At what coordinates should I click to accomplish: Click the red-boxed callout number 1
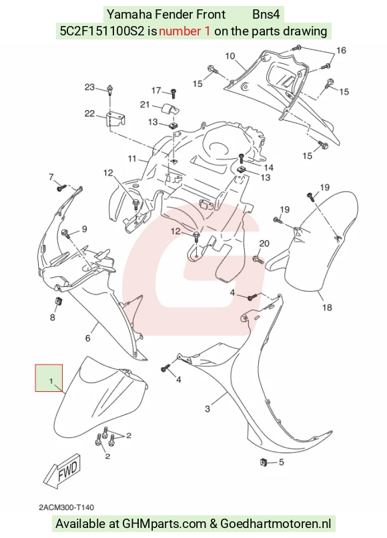pos(51,381)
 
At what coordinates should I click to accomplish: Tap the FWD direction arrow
pos(63,471)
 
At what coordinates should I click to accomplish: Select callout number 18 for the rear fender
pos(327,307)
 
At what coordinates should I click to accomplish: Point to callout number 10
pos(230,56)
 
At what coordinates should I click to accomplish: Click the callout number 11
pos(132,159)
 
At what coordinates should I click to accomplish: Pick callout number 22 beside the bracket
pos(89,113)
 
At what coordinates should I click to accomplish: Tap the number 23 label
pos(89,87)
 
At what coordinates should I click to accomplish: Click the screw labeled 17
pos(173,93)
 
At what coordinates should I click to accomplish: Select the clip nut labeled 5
pos(264,462)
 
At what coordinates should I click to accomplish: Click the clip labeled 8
pos(58,301)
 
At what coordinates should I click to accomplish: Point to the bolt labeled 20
pos(258,260)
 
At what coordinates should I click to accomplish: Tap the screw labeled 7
pos(62,188)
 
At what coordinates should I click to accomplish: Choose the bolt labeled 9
pos(66,234)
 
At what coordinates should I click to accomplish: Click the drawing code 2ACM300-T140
pos(66,507)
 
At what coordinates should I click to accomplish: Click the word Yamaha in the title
pos(129,15)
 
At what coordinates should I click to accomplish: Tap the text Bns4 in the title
pos(266,15)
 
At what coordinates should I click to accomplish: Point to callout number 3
pos(208,409)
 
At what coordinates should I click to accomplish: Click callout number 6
pos(88,338)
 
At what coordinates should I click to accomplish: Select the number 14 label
pos(269,167)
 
